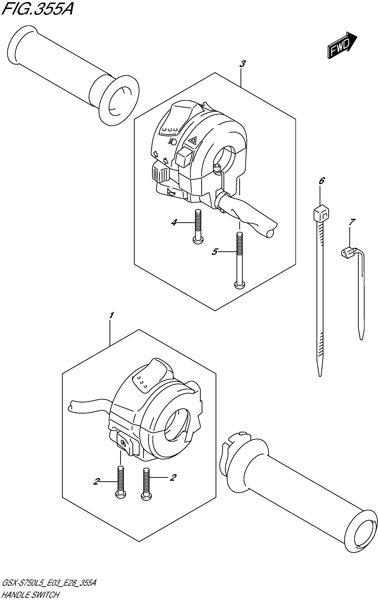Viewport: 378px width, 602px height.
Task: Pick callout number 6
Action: click(322, 180)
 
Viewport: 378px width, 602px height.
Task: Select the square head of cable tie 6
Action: click(321, 212)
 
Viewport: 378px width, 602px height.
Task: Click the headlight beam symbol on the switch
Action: click(172, 142)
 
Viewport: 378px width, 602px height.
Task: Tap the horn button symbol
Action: click(171, 193)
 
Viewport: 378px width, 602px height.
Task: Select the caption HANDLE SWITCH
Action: click(30, 596)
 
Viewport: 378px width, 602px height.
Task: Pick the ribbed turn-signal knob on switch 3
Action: click(160, 174)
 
